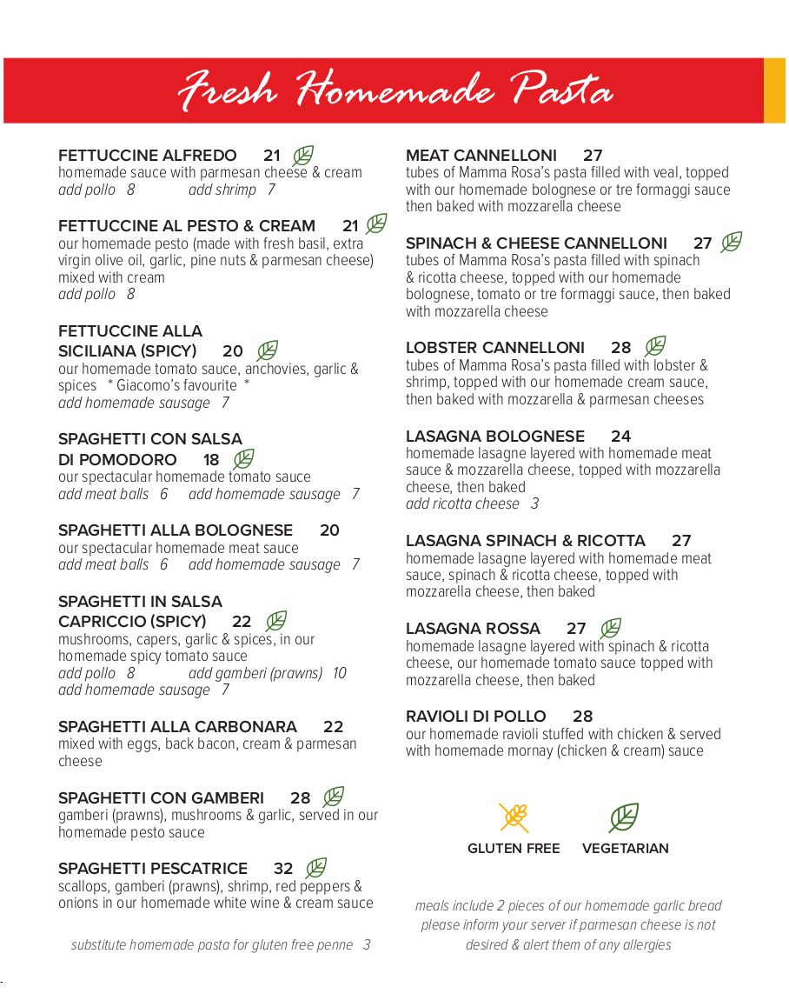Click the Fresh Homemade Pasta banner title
click(395, 90)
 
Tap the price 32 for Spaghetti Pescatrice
click(283, 869)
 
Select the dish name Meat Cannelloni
click(481, 156)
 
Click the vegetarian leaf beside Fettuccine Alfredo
click(302, 156)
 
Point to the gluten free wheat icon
click(514, 817)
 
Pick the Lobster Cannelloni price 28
click(620, 348)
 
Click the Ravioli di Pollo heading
click(476, 717)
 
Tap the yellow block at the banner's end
click(774, 90)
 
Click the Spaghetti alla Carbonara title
click(177, 727)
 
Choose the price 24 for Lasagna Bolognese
click(620, 437)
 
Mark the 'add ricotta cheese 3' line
click(472, 504)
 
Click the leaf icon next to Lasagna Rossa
click(611, 628)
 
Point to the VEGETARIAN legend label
click(626, 849)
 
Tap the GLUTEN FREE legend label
click(514, 849)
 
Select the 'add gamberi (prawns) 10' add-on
click(267, 673)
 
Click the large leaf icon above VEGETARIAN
click(624, 817)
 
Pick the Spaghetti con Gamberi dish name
click(161, 798)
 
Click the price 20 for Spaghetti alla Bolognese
click(329, 530)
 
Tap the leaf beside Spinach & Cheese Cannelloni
click(732, 243)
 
